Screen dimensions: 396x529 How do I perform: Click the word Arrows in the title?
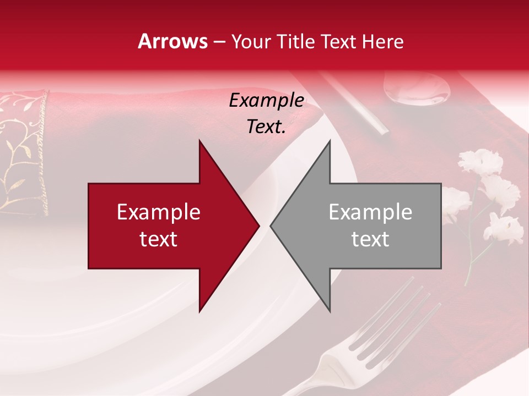pos(173,41)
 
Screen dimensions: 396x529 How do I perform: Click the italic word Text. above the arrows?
pos(266,127)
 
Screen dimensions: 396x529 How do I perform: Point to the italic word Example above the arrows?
pos(266,101)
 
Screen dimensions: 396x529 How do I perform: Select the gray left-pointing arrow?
pos(364,226)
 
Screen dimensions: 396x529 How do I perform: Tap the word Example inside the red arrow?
pos(159,212)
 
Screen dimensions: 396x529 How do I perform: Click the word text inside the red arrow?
pos(159,239)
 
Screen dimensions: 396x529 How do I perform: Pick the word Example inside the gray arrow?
pos(370,212)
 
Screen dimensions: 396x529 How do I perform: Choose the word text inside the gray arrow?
pos(370,239)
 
